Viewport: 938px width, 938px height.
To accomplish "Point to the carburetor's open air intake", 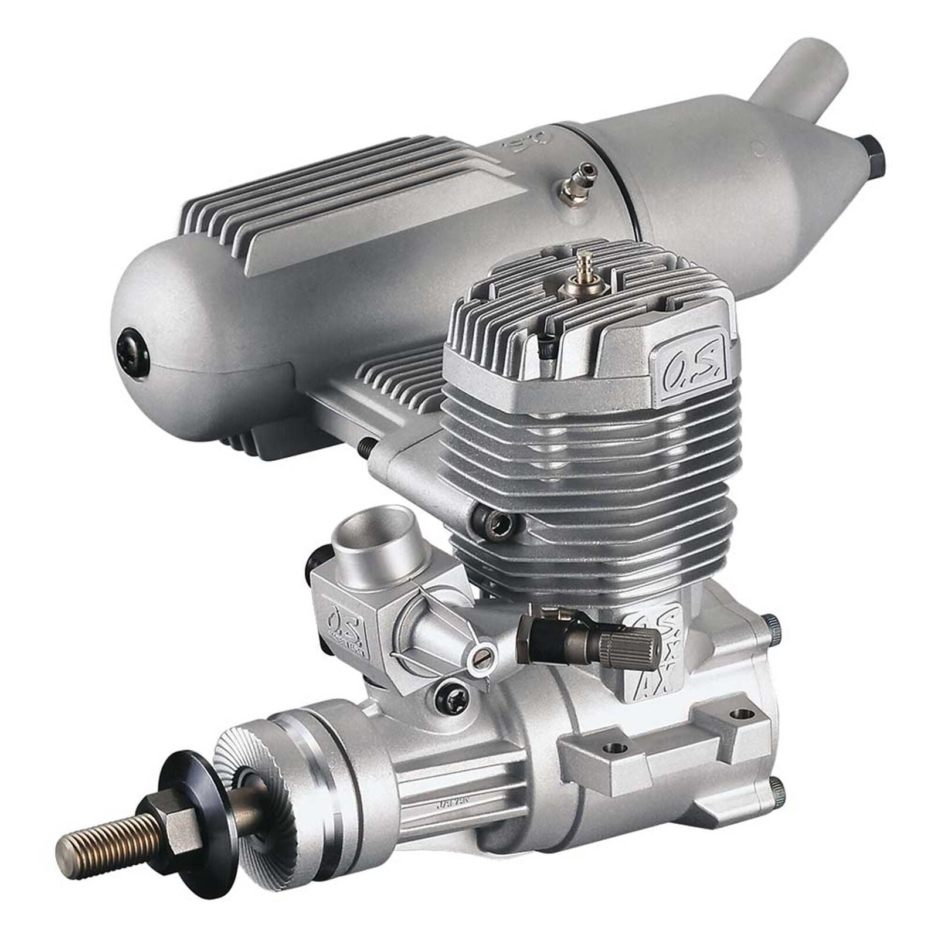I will [x=387, y=531].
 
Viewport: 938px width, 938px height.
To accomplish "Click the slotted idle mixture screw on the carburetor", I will [x=481, y=662].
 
